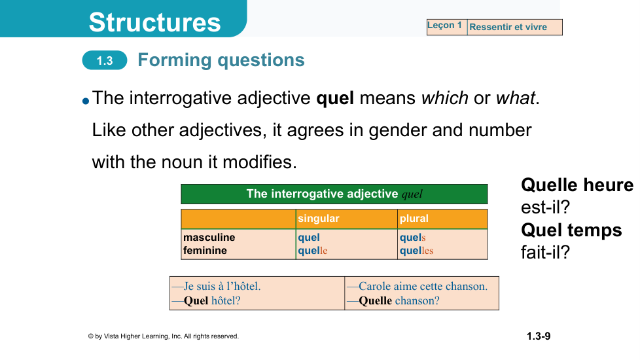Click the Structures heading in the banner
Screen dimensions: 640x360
coord(154,22)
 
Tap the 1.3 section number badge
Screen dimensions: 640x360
coord(105,60)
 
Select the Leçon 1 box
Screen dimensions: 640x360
coord(447,27)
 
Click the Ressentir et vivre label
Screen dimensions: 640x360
coord(508,27)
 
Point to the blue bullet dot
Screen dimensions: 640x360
coord(86,101)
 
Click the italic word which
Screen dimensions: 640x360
coord(445,98)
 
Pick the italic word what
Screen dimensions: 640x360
coord(515,98)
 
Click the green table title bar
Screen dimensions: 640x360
coord(334,194)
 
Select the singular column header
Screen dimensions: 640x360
coord(319,219)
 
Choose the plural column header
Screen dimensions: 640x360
coord(414,219)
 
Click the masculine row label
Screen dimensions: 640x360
coord(209,237)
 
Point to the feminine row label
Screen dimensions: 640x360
coord(205,250)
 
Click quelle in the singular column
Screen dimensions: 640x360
coord(313,251)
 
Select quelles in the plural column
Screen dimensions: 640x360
coord(416,251)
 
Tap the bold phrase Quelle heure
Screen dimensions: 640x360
coord(577,185)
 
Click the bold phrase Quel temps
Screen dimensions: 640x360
coord(571,230)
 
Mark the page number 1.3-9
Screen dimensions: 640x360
coord(539,336)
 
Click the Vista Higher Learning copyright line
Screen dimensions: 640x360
coord(163,336)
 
